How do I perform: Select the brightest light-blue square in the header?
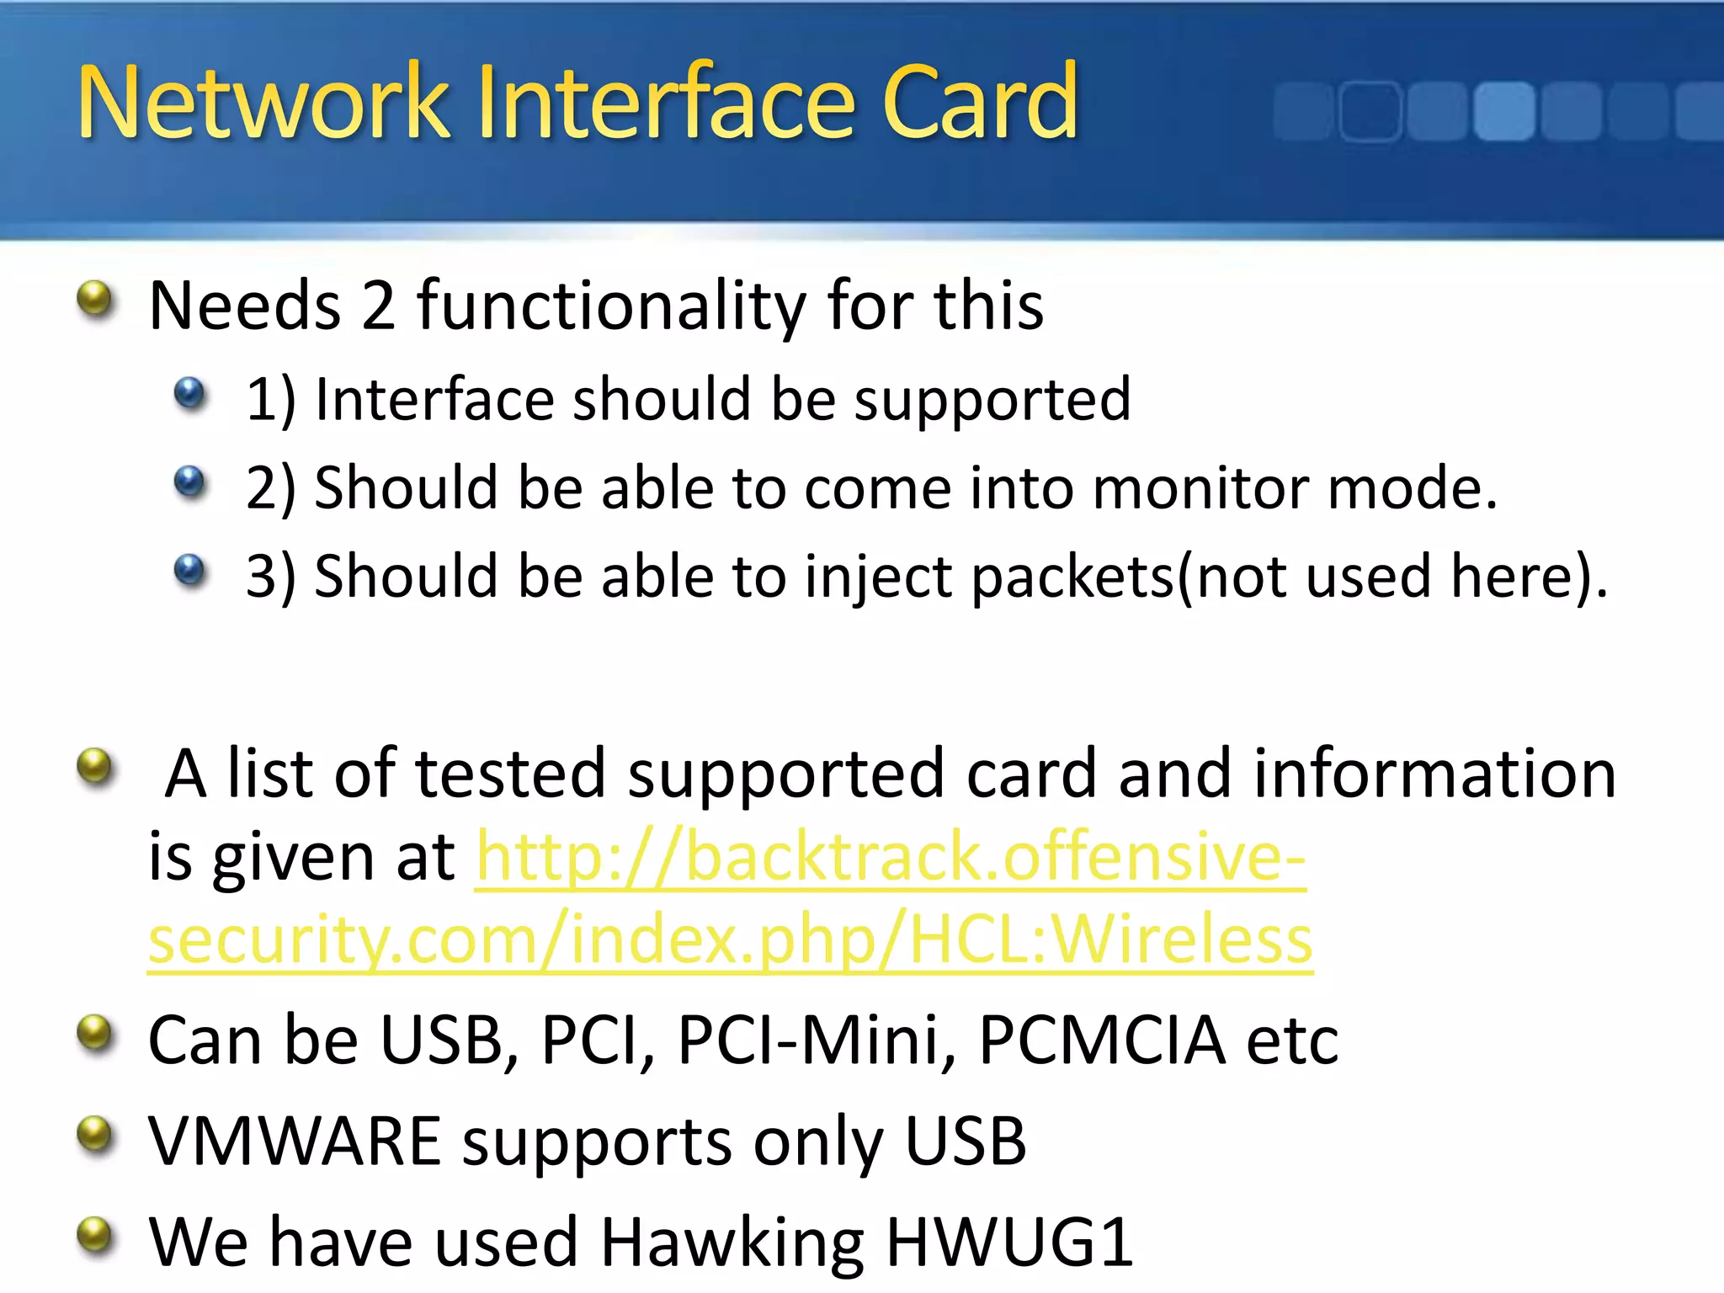pyautogui.click(x=1503, y=111)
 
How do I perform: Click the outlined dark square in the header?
pyautogui.click(x=1370, y=111)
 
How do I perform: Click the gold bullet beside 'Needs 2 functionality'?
pyautogui.click(x=94, y=298)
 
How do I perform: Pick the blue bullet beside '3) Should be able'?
pyautogui.click(x=189, y=570)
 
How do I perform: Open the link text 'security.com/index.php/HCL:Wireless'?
pyautogui.click(x=730, y=939)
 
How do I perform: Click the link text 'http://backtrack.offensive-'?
pyautogui.click(x=891, y=857)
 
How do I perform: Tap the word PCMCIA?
pyautogui.click(x=1102, y=1040)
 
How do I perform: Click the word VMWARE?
pyautogui.click(x=295, y=1141)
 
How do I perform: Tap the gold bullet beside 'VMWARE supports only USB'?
pyautogui.click(x=94, y=1134)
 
